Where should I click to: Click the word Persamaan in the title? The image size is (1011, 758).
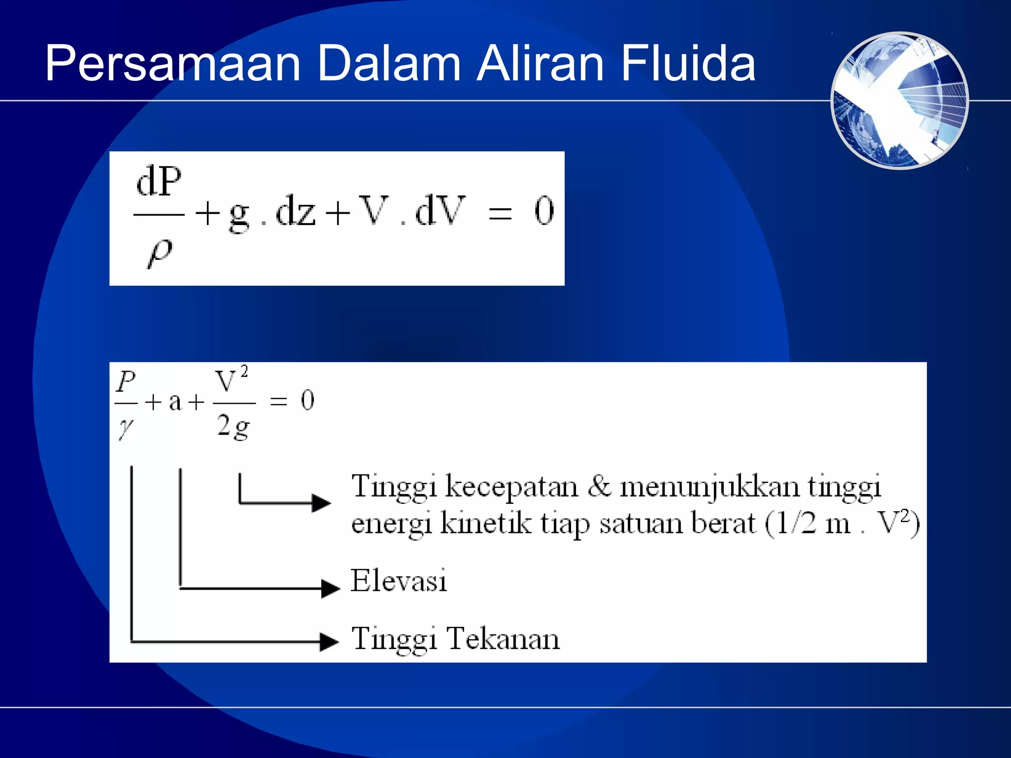(x=173, y=64)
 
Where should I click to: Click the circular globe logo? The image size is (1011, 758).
(x=899, y=101)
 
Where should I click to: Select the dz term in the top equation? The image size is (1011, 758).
(x=296, y=211)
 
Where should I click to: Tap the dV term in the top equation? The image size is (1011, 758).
(x=440, y=211)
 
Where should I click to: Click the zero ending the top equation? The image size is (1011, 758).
(x=544, y=211)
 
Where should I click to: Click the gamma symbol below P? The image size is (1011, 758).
(x=125, y=427)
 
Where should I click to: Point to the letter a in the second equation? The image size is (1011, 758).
(x=175, y=402)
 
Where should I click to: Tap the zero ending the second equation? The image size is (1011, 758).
(x=308, y=400)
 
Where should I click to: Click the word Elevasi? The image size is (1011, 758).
(x=398, y=581)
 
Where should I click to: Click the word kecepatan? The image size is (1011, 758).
(x=511, y=488)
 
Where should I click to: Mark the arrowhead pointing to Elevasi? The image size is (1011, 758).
(x=330, y=588)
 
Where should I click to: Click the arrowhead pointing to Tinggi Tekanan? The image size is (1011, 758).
(x=329, y=642)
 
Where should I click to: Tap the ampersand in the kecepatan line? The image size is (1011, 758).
(x=599, y=486)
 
